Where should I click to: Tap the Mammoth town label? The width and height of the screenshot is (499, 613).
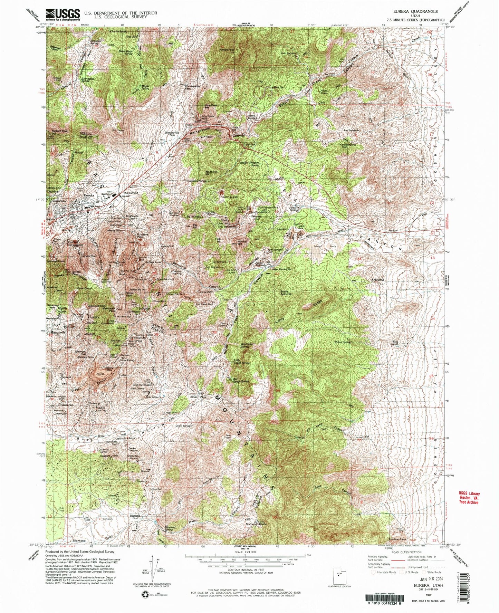58,332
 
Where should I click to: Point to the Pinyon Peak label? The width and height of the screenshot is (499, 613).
227,50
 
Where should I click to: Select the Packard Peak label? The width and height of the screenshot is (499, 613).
59,131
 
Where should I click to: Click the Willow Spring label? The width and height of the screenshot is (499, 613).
343,342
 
